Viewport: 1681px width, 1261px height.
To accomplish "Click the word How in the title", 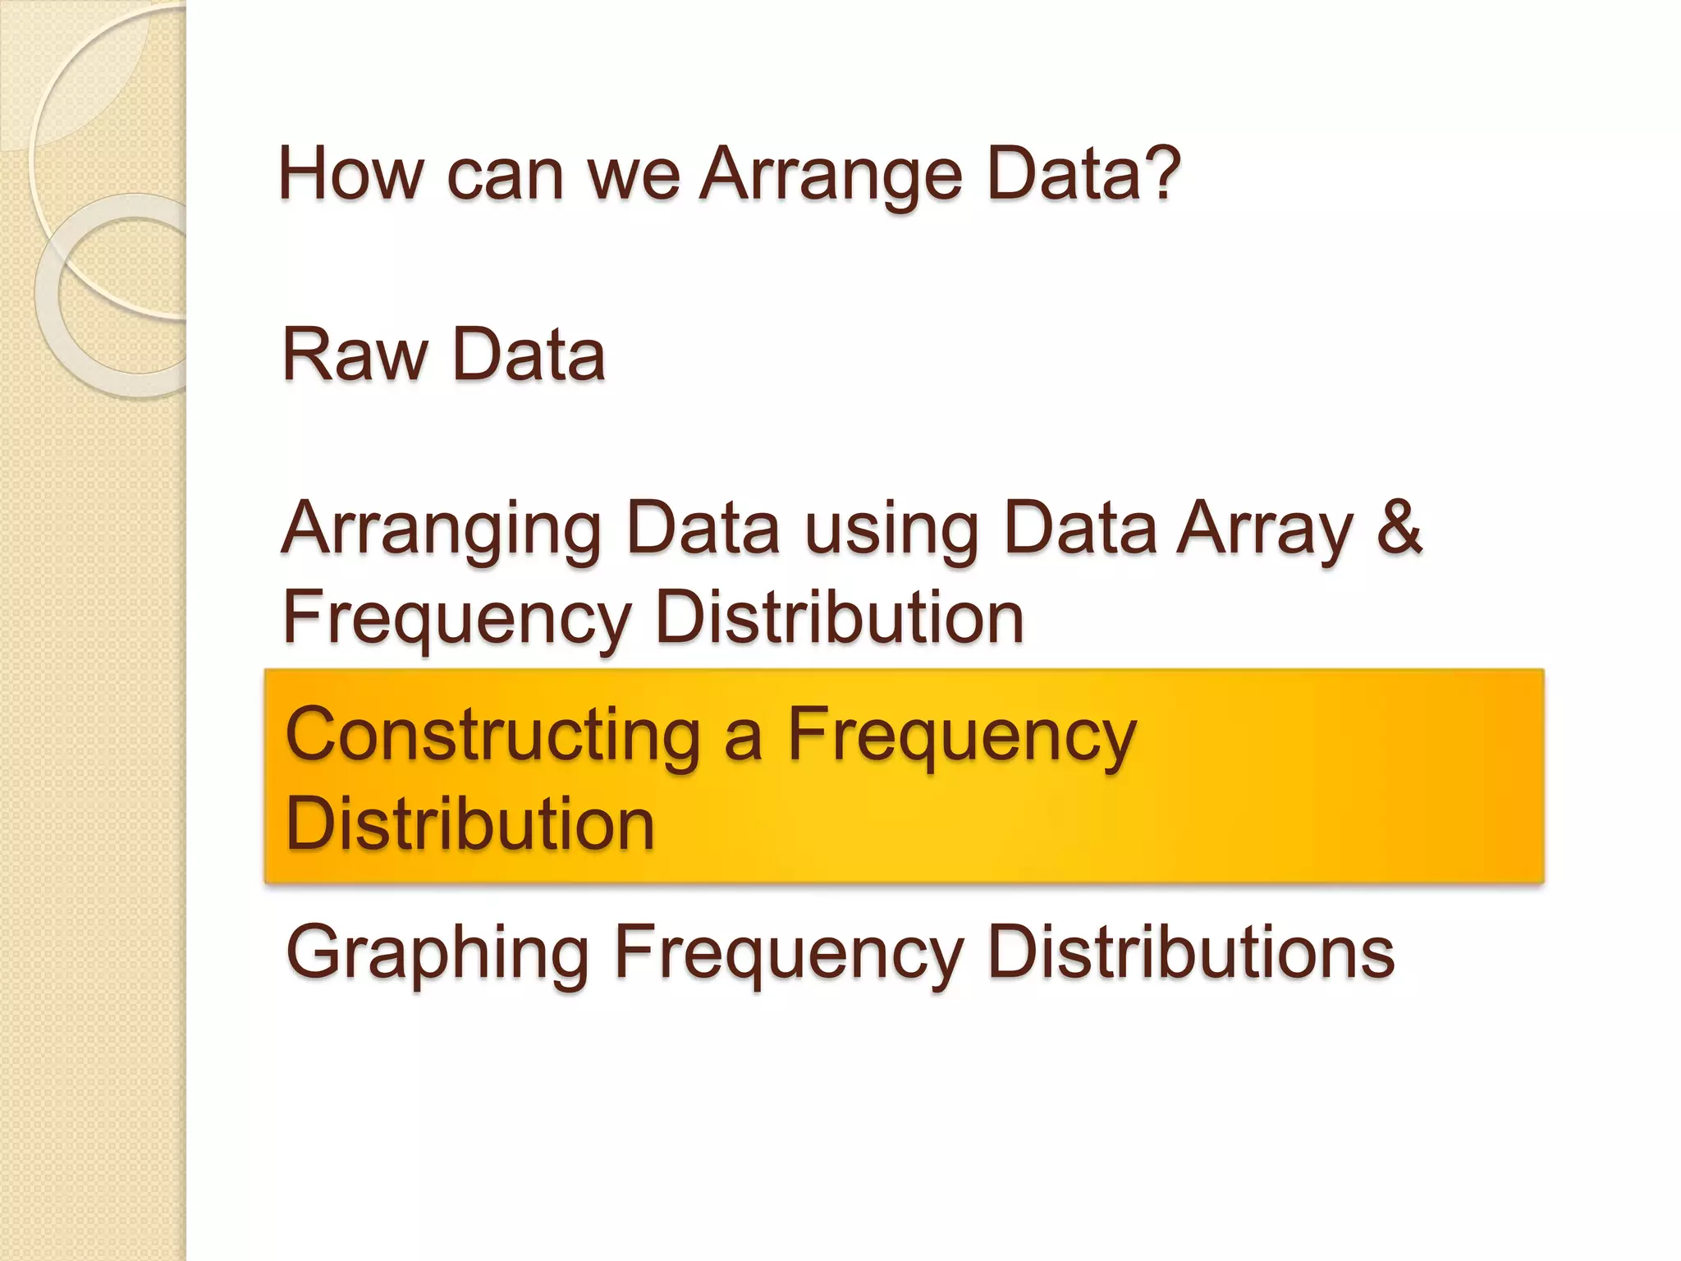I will point(351,174).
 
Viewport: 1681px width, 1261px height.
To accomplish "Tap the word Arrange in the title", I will point(830,176).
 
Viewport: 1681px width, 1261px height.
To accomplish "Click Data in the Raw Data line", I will point(529,355).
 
